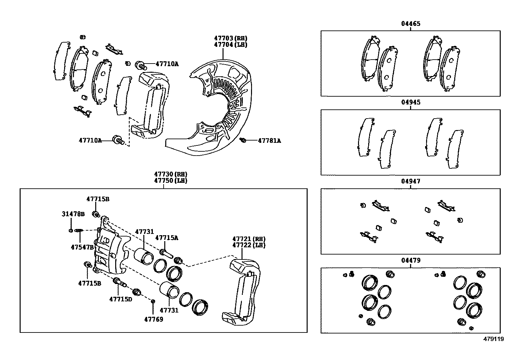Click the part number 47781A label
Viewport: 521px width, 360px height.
[269, 141]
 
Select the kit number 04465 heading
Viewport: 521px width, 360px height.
[410, 24]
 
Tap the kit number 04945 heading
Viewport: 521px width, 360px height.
[410, 102]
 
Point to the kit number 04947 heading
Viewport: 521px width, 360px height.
[410, 181]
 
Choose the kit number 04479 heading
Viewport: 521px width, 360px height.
[410, 260]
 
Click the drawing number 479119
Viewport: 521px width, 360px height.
[494, 339]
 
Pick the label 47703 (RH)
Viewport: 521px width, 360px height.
[230, 38]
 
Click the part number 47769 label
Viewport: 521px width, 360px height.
[153, 319]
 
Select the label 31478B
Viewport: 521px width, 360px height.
[73, 214]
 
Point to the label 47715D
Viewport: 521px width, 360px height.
[120, 299]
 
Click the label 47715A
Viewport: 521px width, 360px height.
[167, 238]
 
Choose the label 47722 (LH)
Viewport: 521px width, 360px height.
[249, 245]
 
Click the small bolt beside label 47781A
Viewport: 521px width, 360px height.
[243, 140]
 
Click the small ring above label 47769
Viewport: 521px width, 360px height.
[153, 301]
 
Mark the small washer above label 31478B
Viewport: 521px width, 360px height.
[71, 231]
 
